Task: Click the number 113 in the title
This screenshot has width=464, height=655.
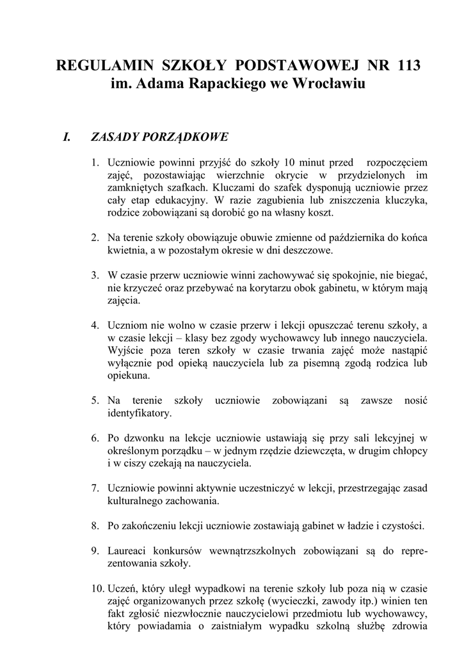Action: pyautogui.click(x=409, y=65)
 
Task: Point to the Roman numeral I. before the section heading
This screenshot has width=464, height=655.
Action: pyautogui.click(x=66, y=137)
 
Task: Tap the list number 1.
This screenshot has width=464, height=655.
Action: pyautogui.click(x=95, y=162)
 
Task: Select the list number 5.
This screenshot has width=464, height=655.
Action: pyautogui.click(x=95, y=400)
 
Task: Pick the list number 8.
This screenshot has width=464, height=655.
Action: pyautogui.click(x=95, y=526)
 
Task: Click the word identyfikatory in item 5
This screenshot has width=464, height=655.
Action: pyautogui.click(x=139, y=413)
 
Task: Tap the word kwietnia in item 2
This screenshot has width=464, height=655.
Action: pyautogui.click(x=127, y=250)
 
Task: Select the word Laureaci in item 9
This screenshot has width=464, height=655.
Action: pyautogui.click(x=127, y=551)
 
